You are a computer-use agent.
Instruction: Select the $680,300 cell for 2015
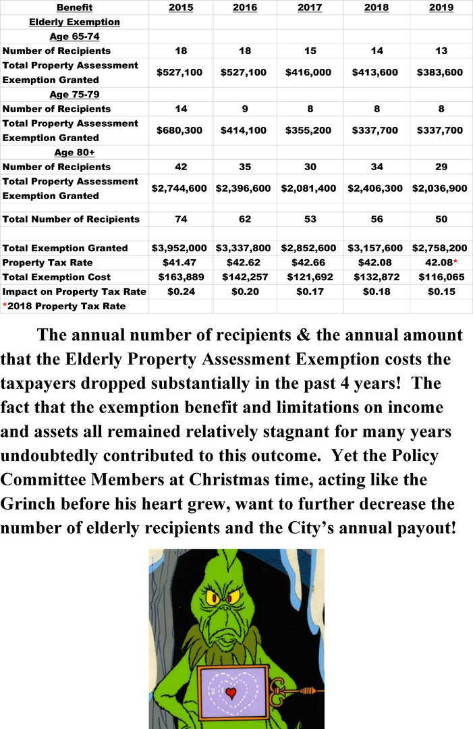point(179,130)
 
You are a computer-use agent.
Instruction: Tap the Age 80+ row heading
point(74,152)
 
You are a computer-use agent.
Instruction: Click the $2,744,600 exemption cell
point(179,188)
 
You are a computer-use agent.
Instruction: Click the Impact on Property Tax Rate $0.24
point(179,292)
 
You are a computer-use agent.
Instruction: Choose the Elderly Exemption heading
point(74,22)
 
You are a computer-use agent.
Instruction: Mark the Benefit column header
point(74,7)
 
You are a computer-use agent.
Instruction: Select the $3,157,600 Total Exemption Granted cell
point(375,248)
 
